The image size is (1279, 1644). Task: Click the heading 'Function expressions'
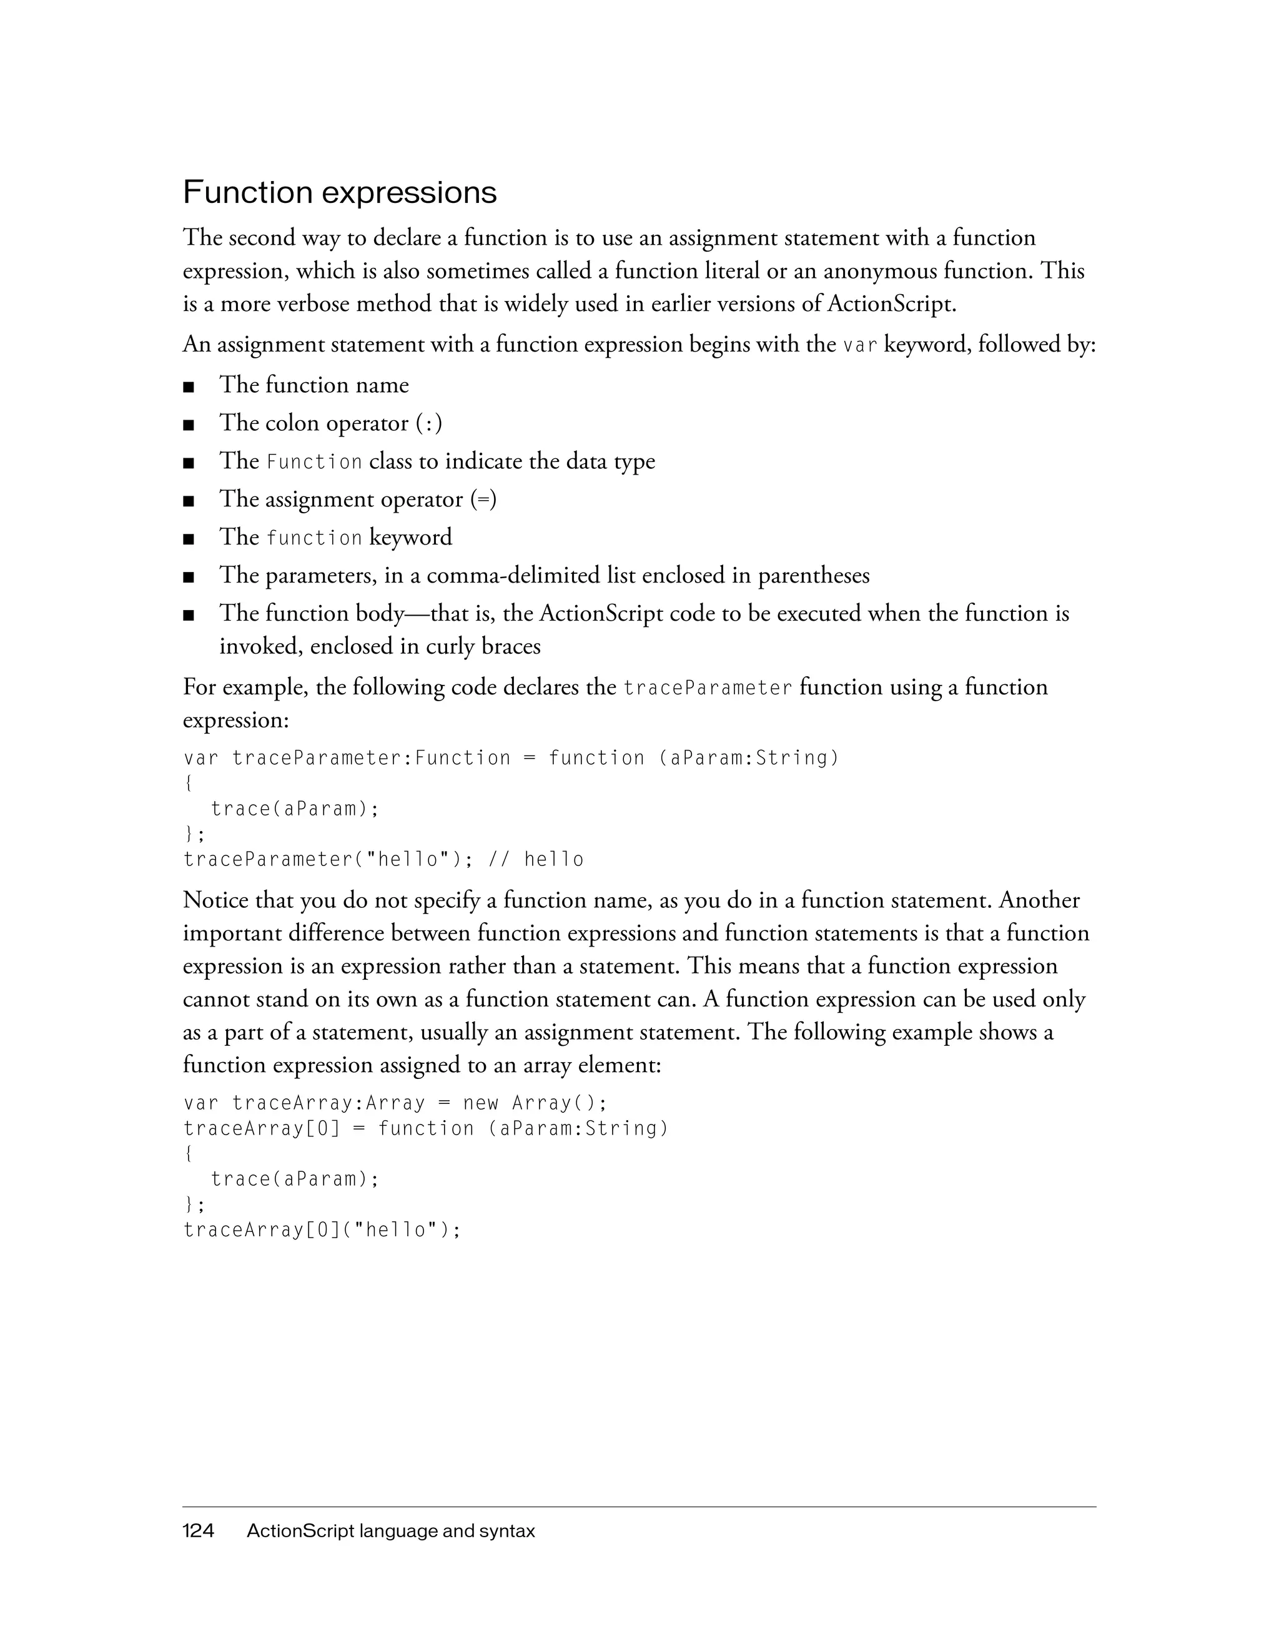[340, 193]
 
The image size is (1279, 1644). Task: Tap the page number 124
[199, 1531]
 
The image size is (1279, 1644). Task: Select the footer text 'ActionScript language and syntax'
[391, 1531]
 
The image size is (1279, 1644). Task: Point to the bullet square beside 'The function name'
[188, 388]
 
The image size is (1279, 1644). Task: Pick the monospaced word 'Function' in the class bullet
[315, 462]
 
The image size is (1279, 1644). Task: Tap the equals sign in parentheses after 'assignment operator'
[483, 500]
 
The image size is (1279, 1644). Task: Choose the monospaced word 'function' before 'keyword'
[315, 538]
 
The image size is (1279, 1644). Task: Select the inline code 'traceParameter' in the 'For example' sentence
[708, 689]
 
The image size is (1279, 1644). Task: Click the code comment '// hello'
[536, 860]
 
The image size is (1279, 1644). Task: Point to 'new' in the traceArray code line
[481, 1103]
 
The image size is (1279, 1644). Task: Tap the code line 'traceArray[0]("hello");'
[322, 1230]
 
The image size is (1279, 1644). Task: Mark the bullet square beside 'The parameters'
[188, 578]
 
